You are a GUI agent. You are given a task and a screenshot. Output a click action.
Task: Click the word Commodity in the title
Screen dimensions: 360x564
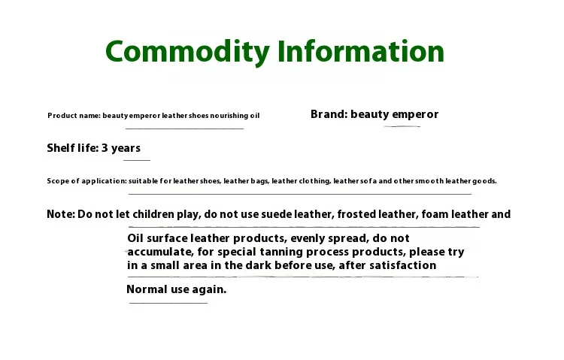[187, 52]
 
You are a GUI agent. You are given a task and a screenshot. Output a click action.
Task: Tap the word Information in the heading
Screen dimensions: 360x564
[361, 52]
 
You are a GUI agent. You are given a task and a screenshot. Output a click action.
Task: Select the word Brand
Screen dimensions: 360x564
[328, 114]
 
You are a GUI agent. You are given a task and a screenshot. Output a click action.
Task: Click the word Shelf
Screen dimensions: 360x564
[60, 148]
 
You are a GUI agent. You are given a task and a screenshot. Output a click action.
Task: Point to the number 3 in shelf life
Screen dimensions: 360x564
[105, 148]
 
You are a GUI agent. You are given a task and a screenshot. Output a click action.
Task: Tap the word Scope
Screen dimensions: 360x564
[57, 181]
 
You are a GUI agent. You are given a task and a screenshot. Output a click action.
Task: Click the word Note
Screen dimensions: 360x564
[60, 214]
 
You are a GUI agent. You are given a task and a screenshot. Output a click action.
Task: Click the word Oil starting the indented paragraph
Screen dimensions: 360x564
[135, 238]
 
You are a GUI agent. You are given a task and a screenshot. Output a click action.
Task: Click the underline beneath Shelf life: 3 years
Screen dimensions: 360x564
[136, 160]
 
